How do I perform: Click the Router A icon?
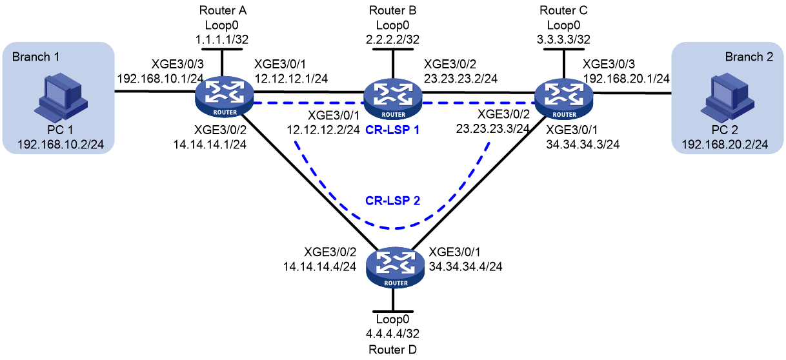click(x=225, y=97)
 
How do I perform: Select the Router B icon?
click(x=393, y=99)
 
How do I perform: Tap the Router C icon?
click(x=564, y=99)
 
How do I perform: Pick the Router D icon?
click(x=396, y=267)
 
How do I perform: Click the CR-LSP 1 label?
click(x=392, y=130)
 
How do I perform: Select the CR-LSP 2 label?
click(x=392, y=201)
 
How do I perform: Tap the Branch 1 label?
click(x=35, y=57)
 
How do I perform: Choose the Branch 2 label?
click(x=749, y=57)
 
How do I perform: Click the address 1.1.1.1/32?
click(x=222, y=39)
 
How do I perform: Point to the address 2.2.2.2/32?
click(x=392, y=39)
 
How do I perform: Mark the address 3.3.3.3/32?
click(x=563, y=39)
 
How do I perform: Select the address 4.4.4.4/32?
click(x=392, y=334)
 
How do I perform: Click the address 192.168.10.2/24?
click(x=61, y=145)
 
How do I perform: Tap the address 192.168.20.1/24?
click(x=627, y=79)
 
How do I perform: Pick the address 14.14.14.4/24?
click(x=319, y=266)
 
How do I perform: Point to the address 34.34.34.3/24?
click(x=583, y=145)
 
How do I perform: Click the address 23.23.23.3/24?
click(x=492, y=129)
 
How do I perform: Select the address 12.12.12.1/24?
click(x=291, y=79)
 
